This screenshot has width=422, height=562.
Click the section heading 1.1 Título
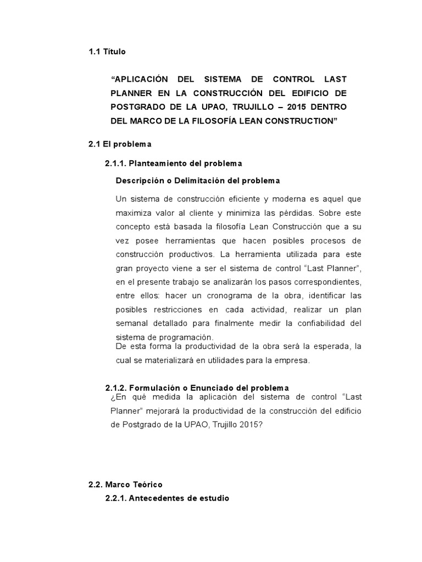point(107,52)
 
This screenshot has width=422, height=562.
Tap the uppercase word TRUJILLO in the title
point(263,106)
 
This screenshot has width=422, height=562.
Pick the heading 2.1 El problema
point(119,144)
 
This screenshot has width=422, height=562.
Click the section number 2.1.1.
point(116,164)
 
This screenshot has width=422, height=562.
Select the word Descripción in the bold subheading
point(140,180)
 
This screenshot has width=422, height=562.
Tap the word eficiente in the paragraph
point(230,199)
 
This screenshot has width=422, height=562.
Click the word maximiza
point(135,212)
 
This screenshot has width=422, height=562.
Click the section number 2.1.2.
point(116,387)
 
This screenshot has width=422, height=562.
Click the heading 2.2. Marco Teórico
point(126,485)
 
